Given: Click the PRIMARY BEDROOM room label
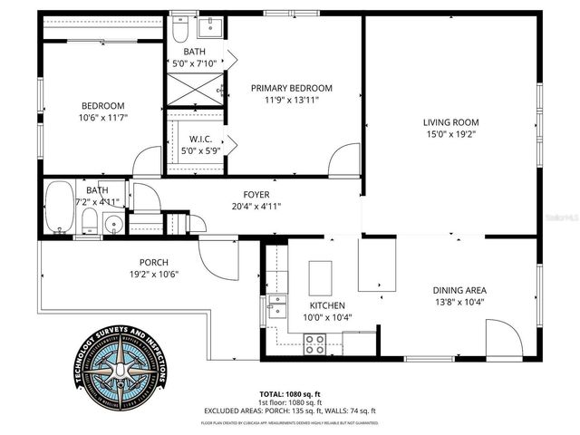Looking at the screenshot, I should point(292,88).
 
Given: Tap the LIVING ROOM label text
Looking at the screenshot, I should point(450,122).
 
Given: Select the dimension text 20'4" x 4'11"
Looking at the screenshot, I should point(256,206).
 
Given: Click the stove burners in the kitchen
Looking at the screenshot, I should point(315,343).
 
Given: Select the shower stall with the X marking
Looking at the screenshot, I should point(195,91).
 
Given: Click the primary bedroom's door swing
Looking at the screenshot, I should point(344,160).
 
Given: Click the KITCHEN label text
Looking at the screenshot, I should point(323,306).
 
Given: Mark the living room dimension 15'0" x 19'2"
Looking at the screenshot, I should point(450,134).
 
